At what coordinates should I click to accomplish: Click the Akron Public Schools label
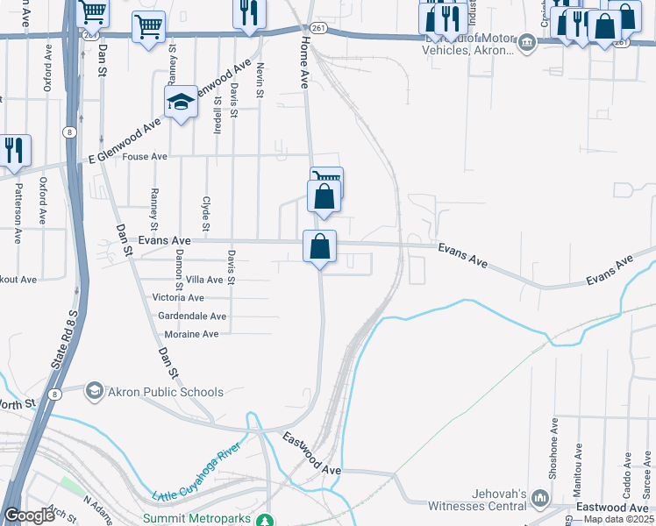coord(166,392)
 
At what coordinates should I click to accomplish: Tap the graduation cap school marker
coord(180,103)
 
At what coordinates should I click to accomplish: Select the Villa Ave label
coord(204,280)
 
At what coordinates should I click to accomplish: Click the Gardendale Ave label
coord(190,316)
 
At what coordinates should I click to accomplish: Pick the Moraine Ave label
coord(191,335)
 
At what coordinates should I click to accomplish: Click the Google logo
coord(29,515)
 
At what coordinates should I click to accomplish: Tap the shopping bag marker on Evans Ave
coord(320,246)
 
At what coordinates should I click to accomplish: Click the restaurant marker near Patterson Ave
coord(14,152)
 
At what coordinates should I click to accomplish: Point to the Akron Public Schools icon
coord(94,391)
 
